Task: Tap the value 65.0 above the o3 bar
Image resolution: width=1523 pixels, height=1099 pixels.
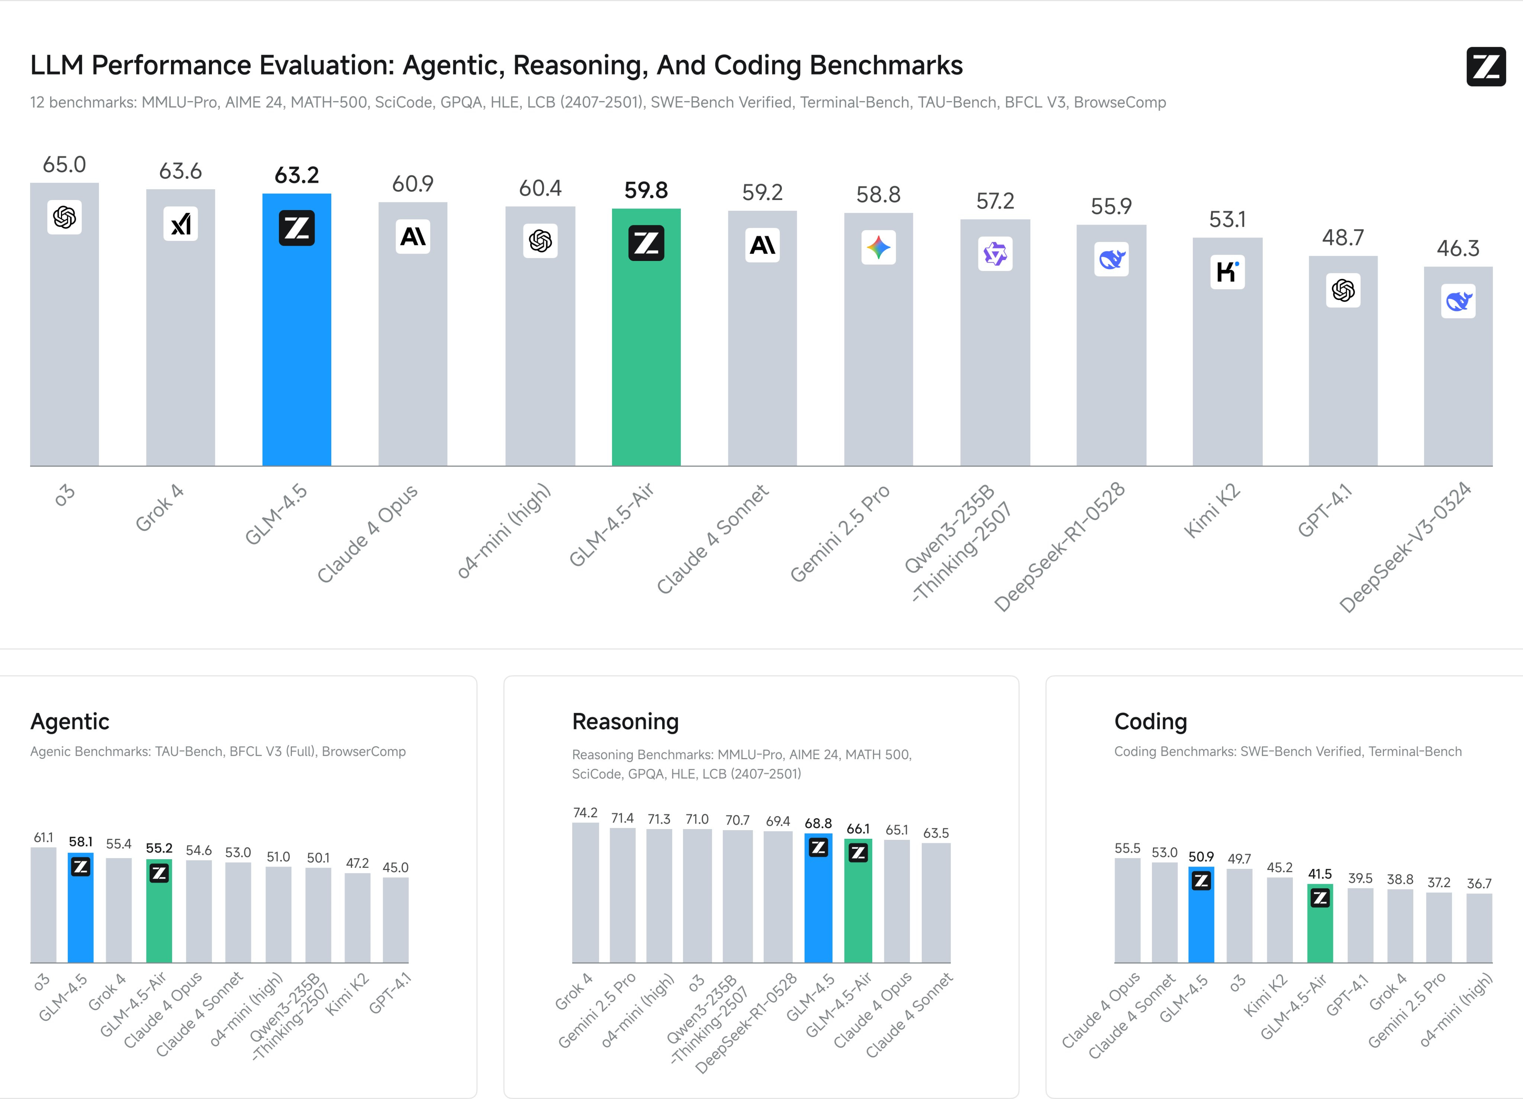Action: click(64, 164)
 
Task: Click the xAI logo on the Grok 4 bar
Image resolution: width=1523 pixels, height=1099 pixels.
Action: click(181, 223)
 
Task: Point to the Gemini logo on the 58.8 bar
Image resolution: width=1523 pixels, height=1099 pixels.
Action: click(878, 248)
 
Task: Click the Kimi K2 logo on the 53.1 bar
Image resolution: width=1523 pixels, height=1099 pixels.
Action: click(1227, 272)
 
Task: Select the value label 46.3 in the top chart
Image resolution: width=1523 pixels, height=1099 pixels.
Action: click(1458, 248)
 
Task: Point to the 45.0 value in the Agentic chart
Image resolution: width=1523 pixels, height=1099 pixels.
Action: click(396, 867)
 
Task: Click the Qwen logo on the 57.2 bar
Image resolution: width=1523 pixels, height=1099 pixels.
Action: click(995, 254)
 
